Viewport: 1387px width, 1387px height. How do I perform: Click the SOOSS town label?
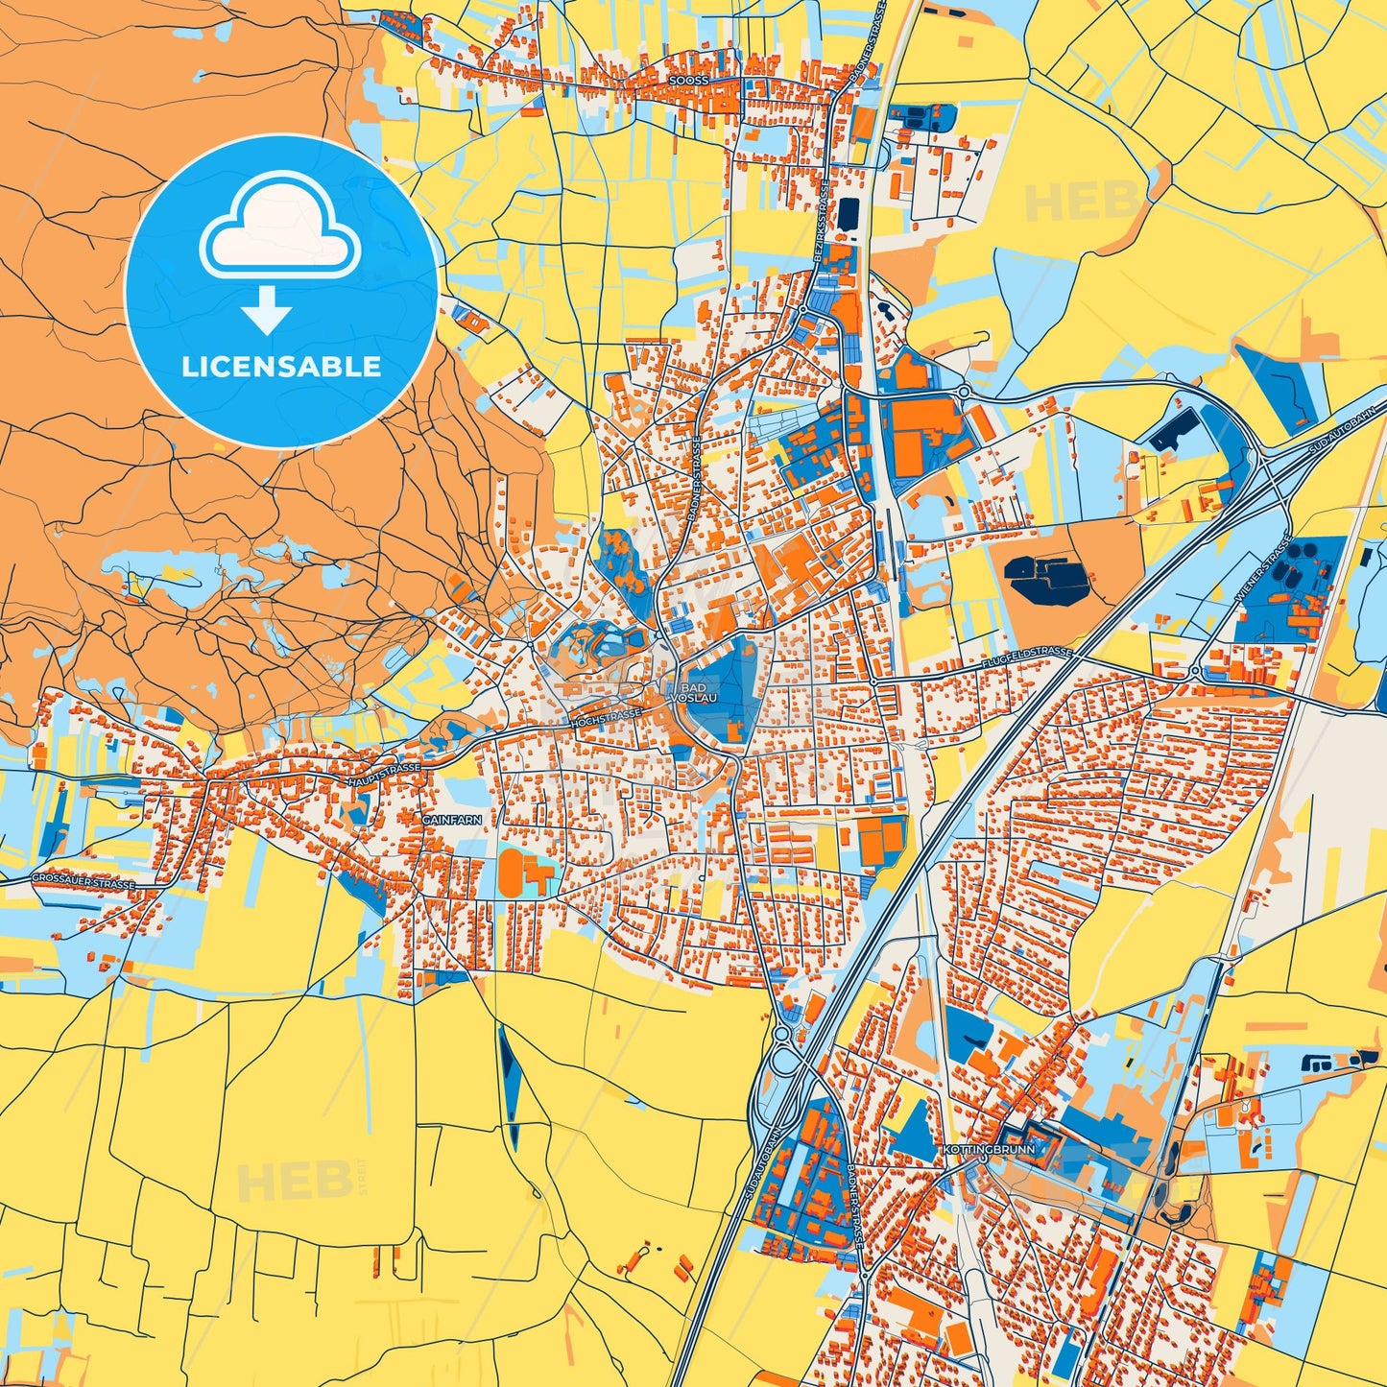(689, 82)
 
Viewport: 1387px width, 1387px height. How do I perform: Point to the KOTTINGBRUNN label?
(975, 1150)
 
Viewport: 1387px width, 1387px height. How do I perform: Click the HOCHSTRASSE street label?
(606, 717)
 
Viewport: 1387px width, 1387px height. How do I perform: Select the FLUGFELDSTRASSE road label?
(1026, 658)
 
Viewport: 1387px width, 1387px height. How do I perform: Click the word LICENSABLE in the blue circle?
(281, 367)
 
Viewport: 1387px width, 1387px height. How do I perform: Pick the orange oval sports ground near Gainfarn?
(513, 872)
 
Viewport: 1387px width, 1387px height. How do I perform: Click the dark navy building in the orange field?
(1046, 579)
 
